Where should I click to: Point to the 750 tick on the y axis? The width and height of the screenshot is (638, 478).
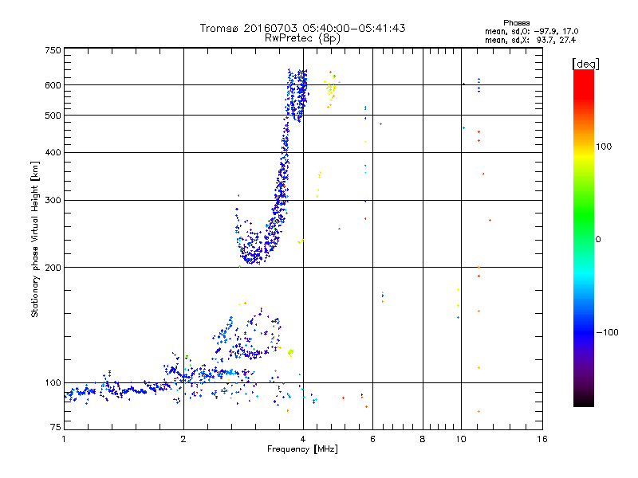[53, 50]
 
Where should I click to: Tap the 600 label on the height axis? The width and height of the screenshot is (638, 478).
[53, 85]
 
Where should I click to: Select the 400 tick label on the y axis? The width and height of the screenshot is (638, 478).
[53, 153]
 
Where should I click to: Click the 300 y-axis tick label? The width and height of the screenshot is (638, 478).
[53, 201]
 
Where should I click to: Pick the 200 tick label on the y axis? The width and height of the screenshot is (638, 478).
[53, 268]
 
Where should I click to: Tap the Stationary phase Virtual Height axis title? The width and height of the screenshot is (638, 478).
[35, 239]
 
